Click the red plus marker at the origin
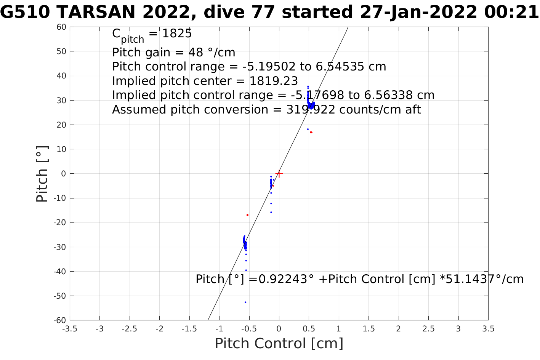point(279,174)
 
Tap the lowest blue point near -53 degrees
point(245,302)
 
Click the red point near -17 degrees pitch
point(247,215)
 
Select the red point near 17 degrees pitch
point(311,132)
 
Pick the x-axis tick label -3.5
point(69,329)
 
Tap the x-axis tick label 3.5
point(488,329)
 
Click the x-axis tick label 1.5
point(369,329)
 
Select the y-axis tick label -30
point(60,247)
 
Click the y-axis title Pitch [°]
point(42,174)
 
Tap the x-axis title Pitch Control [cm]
point(279,344)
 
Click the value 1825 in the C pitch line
point(177,34)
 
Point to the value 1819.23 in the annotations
point(274,81)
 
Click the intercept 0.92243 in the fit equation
point(283,279)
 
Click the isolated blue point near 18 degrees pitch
point(308,129)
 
